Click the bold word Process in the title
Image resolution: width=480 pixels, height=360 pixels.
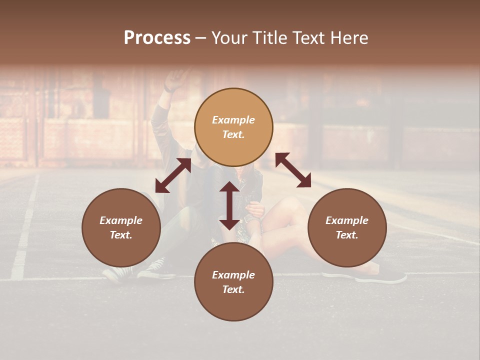click(157, 38)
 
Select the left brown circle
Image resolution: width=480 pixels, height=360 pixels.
click(121, 227)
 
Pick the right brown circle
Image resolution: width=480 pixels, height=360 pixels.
click(347, 227)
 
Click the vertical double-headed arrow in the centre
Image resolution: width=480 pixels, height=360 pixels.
click(229, 205)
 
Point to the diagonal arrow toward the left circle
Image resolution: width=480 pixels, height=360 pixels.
click(173, 175)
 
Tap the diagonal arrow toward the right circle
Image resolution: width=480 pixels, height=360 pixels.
click(293, 170)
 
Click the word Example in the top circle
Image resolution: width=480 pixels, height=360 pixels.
click(233, 120)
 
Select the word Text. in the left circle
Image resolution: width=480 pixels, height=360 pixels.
click(121, 235)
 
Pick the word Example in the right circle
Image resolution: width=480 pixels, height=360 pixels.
click(347, 220)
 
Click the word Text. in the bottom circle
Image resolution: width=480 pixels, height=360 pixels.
click(233, 289)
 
